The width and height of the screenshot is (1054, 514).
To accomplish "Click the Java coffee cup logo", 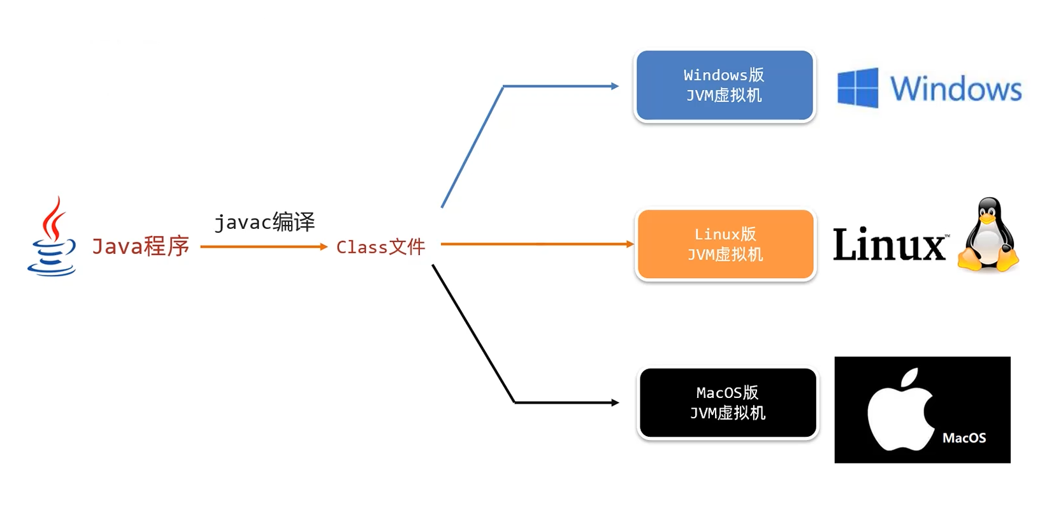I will point(52,237).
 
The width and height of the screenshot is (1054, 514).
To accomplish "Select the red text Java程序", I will point(140,246).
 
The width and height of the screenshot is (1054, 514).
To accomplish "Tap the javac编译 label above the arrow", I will point(264,222).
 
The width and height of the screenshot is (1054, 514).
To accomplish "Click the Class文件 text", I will point(380,247).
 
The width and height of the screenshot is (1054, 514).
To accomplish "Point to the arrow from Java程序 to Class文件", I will point(261,247).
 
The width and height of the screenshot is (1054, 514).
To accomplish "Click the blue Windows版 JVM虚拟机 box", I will point(725,85).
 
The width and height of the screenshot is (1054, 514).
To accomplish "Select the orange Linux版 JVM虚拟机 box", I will point(725,244).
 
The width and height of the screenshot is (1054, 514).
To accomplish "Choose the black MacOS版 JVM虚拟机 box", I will point(727,402).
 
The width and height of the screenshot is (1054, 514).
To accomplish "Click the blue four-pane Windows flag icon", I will point(857,88).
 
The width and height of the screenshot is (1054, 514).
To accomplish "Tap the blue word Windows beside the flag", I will point(956,89).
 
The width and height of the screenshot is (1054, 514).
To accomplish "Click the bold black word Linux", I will point(889,244).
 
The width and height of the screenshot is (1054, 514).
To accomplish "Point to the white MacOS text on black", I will point(964,438).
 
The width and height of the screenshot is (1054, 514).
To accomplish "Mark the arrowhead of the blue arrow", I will point(615,86).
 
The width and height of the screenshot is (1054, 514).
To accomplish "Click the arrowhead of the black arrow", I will point(615,402).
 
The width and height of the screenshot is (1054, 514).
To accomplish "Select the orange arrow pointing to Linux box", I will point(535,244).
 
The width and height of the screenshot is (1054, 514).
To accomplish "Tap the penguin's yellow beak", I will point(988,219).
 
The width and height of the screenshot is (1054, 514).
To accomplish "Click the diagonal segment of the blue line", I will point(472,147).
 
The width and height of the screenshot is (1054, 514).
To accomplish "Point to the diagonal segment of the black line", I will point(473,334).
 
